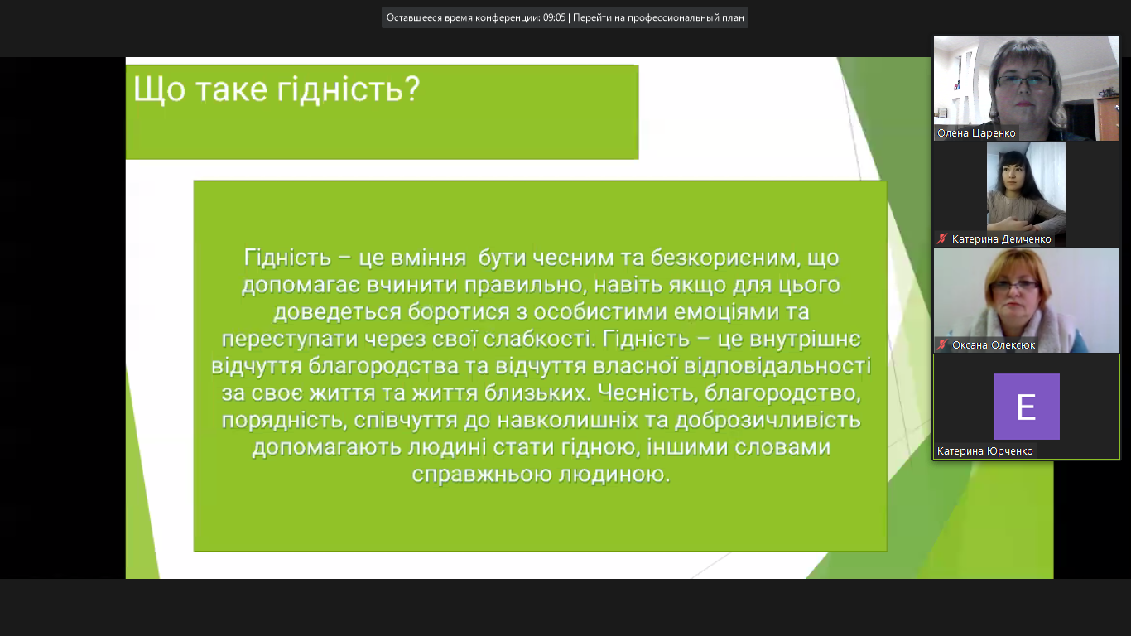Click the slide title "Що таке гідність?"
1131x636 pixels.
click(277, 90)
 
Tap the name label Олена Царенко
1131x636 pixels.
click(976, 132)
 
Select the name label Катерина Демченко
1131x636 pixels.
click(1001, 239)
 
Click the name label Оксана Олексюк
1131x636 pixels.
click(994, 345)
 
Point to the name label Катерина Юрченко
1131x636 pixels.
click(984, 451)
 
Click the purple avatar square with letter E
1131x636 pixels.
click(1027, 407)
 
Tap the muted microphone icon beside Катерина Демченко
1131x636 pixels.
click(942, 239)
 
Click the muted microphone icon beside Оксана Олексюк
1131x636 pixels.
click(942, 345)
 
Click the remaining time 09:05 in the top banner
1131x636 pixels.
click(554, 17)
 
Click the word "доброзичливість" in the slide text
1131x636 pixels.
click(768, 421)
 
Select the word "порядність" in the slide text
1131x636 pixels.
click(284, 421)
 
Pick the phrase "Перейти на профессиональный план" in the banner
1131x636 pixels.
click(658, 17)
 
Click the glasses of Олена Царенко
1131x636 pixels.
click(1025, 81)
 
